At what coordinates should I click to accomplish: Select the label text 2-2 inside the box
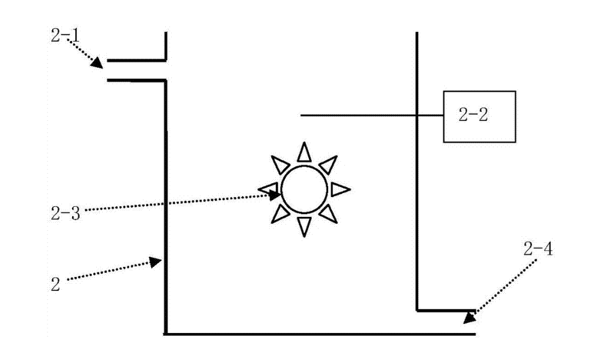[x=472, y=116]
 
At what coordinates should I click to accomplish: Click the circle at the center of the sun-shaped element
[x=305, y=189]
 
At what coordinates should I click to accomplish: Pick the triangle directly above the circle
[x=305, y=151]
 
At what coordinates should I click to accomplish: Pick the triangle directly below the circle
[x=305, y=225]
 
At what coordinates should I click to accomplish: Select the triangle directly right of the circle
[x=340, y=189]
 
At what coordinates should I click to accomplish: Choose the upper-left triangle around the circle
[x=280, y=164]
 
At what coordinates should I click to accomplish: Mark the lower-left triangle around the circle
[x=279, y=214]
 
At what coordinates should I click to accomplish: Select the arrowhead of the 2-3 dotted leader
[x=276, y=194]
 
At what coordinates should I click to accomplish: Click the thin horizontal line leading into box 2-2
[x=361, y=115]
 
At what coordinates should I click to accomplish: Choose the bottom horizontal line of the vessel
[x=319, y=333]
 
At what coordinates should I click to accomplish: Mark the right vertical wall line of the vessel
[x=416, y=180]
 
